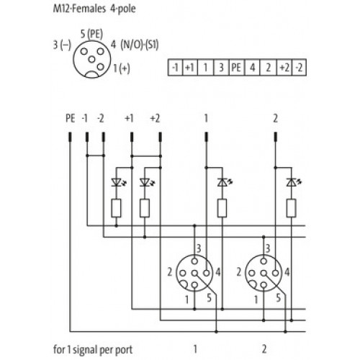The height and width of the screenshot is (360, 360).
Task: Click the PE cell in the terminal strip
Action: click(x=237, y=68)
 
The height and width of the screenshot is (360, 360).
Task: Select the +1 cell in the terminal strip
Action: click(x=190, y=68)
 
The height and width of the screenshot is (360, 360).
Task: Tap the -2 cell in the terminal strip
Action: click(x=299, y=68)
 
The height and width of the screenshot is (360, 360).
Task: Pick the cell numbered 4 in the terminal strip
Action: click(x=252, y=68)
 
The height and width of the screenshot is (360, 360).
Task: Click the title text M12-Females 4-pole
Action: click(x=94, y=9)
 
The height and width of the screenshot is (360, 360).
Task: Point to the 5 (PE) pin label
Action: click(x=91, y=34)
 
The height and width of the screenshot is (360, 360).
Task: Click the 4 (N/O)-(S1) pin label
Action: click(x=135, y=45)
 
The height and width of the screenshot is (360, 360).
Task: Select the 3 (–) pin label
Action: click(x=62, y=45)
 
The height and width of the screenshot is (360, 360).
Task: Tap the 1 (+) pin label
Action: click(x=122, y=68)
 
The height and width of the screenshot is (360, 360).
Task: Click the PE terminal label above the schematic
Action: click(x=71, y=118)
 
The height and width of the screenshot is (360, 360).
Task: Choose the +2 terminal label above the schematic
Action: click(x=155, y=118)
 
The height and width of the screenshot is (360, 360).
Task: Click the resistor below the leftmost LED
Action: click(x=116, y=208)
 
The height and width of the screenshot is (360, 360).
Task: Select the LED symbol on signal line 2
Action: click(x=294, y=182)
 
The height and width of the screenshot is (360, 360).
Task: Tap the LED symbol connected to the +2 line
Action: click(x=147, y=183)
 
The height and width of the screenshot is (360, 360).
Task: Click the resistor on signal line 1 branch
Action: click(x=222, y=208)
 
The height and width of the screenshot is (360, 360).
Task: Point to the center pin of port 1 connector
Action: click(x=194, y=273)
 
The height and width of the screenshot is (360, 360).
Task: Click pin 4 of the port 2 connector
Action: click(x=276, y=273)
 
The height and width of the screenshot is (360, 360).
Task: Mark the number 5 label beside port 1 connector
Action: click(x=209, y=298)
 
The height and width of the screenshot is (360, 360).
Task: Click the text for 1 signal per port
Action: click(x=93, y=350)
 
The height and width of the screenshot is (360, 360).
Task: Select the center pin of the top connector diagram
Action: click(x=91, y=59)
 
